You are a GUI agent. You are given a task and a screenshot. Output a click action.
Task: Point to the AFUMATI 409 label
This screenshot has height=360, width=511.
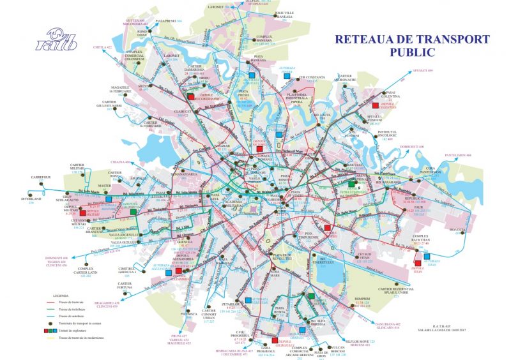click(422, 70)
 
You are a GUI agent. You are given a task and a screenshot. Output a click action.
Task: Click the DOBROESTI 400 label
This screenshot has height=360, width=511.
click(413, 146)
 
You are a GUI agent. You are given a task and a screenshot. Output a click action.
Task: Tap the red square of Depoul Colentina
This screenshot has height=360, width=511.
click(376, 105)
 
